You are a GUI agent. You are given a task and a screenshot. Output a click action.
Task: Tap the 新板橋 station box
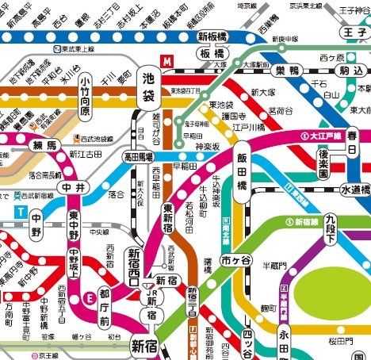coord(213,37)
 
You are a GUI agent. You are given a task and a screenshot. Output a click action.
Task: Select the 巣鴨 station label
coord(281,72)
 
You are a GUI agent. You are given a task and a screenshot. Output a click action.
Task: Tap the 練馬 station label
coord(44,147)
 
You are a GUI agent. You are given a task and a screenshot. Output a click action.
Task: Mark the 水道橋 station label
coord(354,190)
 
